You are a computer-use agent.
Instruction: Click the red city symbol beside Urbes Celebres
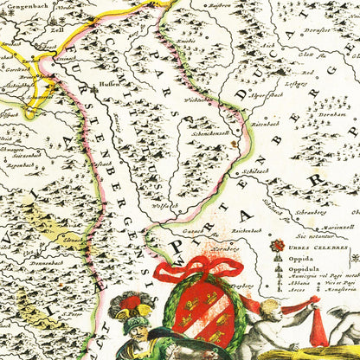coord(277,246)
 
